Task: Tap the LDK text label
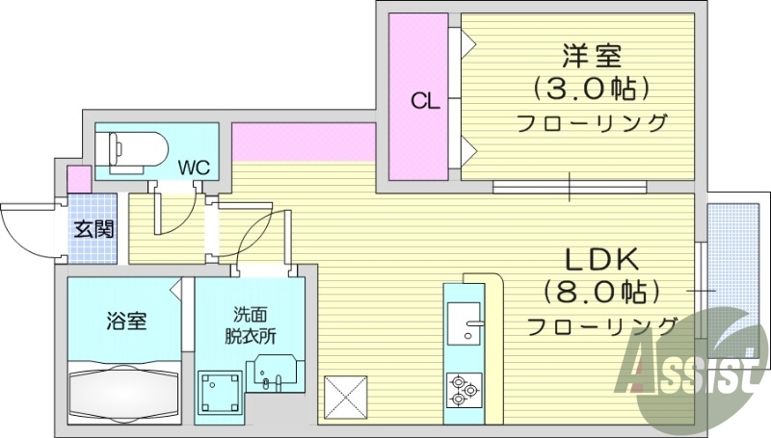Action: (601, 258)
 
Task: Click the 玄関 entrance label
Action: (93, 229)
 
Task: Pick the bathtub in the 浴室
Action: (124, 394)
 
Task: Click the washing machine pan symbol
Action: (219, 394)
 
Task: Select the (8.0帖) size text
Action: (601, 291)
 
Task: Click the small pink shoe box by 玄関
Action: (79, 179)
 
